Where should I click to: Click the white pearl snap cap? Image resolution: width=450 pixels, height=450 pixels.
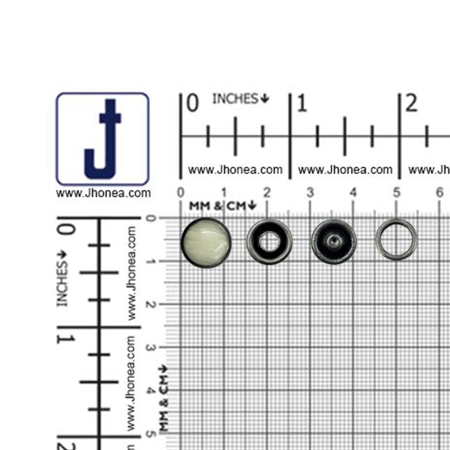(206, 243)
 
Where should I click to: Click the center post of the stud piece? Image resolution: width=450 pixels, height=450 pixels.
(334, 241)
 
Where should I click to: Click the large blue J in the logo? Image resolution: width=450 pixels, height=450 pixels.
(103, 139)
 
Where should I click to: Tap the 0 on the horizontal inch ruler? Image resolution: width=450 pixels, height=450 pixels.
(192, 103)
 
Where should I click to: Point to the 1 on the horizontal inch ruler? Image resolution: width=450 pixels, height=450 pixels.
(302, 103)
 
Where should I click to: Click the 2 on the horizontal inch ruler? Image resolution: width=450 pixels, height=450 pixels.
(411, 103)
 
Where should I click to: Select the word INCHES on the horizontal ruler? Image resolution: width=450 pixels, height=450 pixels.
(235, 99)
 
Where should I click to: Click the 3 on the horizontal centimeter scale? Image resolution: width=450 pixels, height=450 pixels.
(310, 193)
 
